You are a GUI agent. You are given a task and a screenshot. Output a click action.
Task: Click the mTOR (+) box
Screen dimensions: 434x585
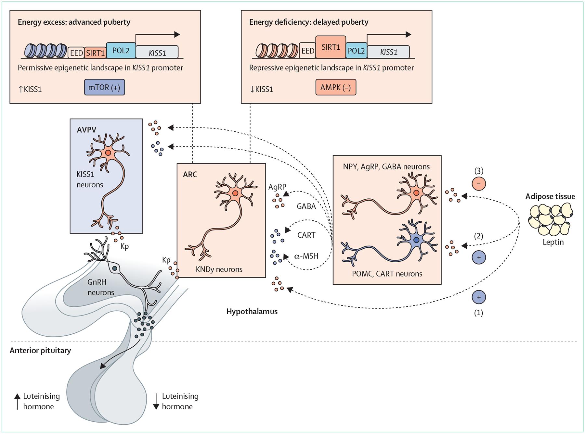click(104, 87)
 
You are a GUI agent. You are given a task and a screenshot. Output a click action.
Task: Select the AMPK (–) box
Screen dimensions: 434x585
click(335, 87)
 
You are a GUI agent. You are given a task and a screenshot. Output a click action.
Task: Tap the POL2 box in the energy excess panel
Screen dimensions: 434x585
click(121, 51)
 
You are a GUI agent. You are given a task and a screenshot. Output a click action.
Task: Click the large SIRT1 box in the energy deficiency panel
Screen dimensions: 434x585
click(331, 47)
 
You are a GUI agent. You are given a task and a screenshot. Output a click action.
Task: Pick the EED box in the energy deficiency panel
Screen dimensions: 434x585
click(307, 51)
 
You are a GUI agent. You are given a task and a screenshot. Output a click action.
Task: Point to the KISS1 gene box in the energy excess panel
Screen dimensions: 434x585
click(157, 52)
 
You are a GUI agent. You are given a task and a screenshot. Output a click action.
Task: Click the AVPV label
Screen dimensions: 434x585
click(86, 130)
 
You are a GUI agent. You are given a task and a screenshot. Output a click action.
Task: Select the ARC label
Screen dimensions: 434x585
click(190, 174)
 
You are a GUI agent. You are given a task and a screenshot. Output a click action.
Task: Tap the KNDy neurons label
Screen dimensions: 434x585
click(219, 269)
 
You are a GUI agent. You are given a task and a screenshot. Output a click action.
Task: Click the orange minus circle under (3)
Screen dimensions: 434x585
click(479, 184)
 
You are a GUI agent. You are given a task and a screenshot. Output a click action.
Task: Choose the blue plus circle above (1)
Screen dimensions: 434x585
click(479, 297)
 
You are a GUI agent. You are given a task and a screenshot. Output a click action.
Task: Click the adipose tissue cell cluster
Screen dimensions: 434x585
click(550, 219)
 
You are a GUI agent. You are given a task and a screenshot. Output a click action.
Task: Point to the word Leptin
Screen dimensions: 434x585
click(553, 242)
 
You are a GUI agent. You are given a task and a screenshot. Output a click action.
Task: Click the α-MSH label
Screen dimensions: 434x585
click(306, 256)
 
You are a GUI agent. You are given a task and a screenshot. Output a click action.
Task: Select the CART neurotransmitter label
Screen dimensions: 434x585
click(306, 235)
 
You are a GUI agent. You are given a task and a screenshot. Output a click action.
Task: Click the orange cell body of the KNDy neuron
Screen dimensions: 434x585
click(235, 193)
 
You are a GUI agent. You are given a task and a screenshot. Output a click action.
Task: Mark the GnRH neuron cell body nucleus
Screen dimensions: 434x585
click(114, 268)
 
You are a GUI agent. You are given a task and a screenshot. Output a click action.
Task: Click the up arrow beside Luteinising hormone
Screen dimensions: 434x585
click(17, 401)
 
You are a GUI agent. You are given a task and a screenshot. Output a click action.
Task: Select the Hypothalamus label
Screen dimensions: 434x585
click(252, 312)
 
